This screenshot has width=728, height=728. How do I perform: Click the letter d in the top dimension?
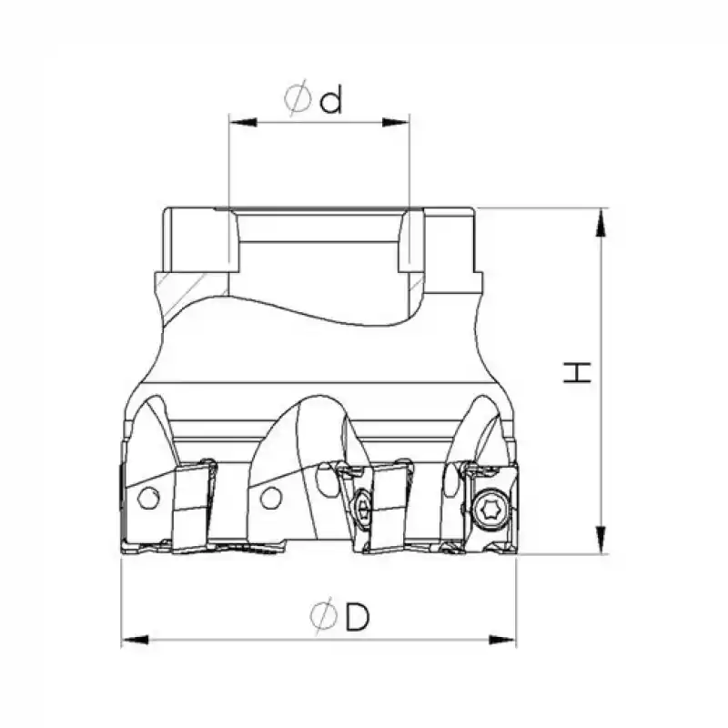point(332,99)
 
